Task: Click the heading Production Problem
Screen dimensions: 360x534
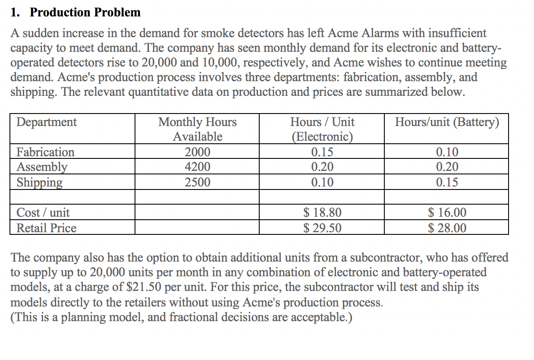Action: click(85, 12)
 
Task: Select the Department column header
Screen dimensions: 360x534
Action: click(47, 122)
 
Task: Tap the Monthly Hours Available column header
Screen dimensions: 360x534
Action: click(198, 129)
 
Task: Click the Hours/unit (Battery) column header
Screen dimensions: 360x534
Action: click(447, 122)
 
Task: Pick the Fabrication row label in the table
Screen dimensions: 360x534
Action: click(45, 152)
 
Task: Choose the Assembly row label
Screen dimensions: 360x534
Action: click(42, 167)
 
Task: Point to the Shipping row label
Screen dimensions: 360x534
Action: click(39, 182)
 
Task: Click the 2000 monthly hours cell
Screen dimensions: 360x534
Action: click(198, 152)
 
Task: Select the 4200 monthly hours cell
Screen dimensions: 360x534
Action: click(198, 167)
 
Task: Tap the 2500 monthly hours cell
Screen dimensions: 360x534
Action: click(198, 182)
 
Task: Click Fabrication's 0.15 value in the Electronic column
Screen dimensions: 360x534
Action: click(322, 152)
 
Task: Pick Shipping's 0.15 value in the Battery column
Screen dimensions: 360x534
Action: click(447, 182)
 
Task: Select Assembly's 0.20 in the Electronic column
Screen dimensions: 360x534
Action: click(322, 167)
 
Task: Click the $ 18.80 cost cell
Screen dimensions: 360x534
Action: click(322, 212)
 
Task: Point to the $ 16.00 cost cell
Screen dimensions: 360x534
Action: click(447, 212)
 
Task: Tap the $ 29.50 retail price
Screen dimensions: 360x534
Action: click(322, 227)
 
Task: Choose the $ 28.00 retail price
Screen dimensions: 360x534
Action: click(447, 227)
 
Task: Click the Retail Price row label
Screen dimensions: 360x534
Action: click(46, 227)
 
